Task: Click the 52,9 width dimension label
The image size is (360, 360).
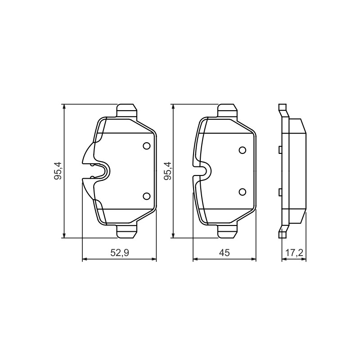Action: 120,253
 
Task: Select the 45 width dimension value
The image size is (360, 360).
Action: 224,253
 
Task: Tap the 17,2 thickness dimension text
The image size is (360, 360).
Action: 294,253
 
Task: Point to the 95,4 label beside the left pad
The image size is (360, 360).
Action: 58,171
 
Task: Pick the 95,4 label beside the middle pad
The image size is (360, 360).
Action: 167,171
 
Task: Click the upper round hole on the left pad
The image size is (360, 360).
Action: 147,146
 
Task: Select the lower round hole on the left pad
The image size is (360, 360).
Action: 147,196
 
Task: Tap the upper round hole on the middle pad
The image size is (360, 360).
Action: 243,150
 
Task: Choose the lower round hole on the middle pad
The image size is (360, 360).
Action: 243,192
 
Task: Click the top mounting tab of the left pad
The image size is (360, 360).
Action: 127,111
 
